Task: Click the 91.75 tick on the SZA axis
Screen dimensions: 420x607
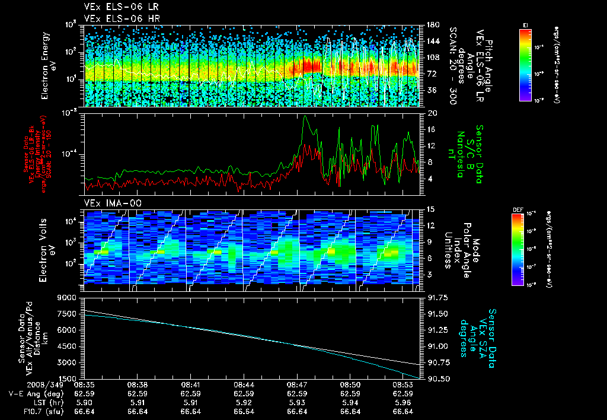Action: (437, 297)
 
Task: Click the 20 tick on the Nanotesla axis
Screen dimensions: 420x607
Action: (432, 113)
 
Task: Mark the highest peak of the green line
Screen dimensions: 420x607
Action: (305, 116)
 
